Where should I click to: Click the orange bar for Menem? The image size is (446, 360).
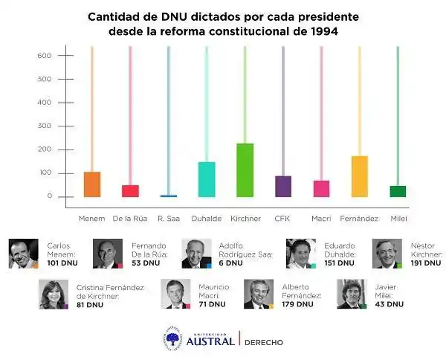[92, 184]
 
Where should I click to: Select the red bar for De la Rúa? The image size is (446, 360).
[130, 190]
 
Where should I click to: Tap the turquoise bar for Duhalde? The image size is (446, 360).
[207, 179]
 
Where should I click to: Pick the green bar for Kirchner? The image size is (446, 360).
[245, 170]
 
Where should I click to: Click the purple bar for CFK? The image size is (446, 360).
[283, 186]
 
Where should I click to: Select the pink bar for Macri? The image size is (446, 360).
[321, 188]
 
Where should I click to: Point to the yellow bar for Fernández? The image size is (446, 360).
[360, 176]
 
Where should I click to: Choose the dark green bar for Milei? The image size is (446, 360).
[398, 191]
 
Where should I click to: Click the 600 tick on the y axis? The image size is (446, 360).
[45, 56]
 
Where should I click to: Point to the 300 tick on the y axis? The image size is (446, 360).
[45, 126]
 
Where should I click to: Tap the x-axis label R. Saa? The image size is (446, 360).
[169, 219]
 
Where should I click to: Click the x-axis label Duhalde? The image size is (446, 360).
[207, 219]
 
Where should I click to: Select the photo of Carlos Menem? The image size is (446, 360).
[23, 254]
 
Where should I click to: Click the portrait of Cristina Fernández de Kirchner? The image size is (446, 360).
[54, 295]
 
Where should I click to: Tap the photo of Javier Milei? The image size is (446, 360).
[351, 295]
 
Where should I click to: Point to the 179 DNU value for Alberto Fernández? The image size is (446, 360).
[298, 303]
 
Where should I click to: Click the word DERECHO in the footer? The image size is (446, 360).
[264, 342]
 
